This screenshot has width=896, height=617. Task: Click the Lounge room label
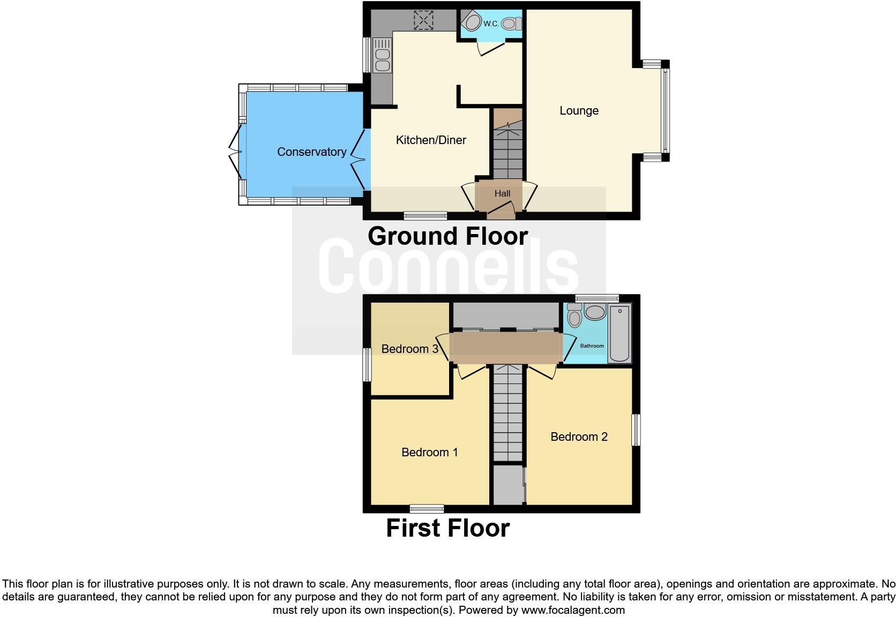point(579,111)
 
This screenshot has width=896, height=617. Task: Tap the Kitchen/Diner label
point(431,140)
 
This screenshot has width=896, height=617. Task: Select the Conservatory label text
point(311,152)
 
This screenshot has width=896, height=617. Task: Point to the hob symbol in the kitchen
point(423,20)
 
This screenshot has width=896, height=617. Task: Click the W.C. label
point(491,24)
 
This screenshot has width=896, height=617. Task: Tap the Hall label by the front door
point(502,194)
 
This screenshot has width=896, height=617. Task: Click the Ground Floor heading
point(447,236)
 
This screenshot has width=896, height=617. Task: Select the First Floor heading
point(447,528)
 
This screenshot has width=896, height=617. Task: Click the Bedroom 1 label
point(429,453)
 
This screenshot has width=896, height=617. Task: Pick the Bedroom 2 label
point(579,437)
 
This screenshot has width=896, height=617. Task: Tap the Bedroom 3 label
point(409,349)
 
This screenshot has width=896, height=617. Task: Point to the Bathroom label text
point(592,346)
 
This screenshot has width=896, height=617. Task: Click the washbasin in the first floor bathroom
point(594,312)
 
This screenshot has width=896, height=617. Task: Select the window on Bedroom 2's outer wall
point(636,430)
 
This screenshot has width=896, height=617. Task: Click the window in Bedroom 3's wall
point(367,365)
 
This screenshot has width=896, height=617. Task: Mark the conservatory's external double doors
point(235,152)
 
